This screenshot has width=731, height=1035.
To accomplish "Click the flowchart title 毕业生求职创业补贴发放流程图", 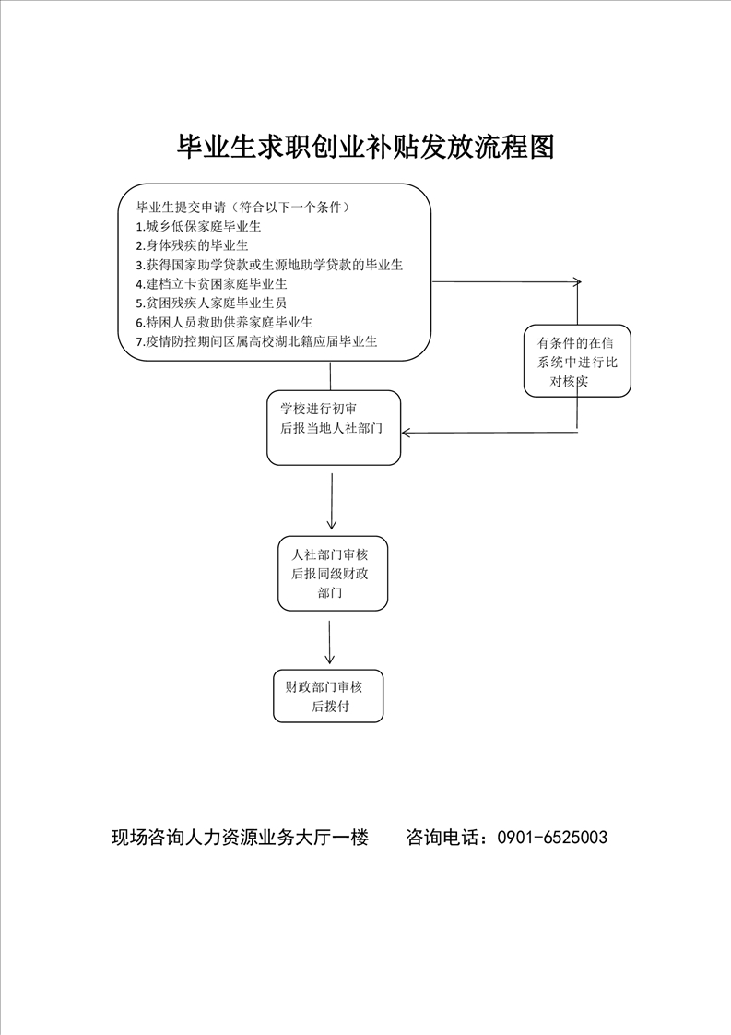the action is [365, 148].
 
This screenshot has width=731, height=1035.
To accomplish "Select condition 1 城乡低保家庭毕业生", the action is [198, 226].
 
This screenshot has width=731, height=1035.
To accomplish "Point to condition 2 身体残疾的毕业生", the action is [192, 245].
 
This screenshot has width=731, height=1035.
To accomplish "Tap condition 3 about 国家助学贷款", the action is [269, 265].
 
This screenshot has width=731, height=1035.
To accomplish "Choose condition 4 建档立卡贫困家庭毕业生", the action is [212, 284].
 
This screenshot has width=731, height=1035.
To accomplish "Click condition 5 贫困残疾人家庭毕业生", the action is [211, 303].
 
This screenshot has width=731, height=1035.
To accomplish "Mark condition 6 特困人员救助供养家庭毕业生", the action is [224, 322].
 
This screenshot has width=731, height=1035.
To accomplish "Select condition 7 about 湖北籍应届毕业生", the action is [256, 341].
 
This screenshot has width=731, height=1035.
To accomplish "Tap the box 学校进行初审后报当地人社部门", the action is [334, 428].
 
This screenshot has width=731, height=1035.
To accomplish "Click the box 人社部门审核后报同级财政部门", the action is [333, 573].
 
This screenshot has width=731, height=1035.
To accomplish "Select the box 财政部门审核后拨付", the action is [328, 696].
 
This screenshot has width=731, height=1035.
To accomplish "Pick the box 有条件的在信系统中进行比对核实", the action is [577, 361].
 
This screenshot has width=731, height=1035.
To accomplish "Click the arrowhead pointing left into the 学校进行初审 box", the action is [405, 433].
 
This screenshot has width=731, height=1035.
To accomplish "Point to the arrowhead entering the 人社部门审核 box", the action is [331, 525].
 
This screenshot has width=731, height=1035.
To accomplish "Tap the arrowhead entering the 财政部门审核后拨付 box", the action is [329, 660].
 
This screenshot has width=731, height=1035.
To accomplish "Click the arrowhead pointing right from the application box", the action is [578, 282].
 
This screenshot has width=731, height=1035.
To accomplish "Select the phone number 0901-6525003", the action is [552, 838].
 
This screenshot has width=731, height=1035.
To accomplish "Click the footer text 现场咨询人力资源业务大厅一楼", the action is [241, 838].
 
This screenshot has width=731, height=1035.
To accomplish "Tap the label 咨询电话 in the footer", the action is [444, 838].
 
